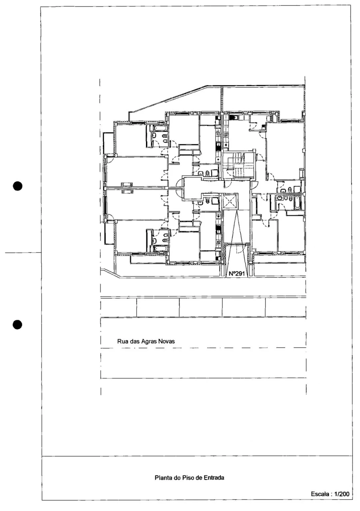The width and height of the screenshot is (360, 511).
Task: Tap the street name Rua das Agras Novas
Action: pos(146,342)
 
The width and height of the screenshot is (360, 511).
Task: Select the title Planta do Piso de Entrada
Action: pos(189,478)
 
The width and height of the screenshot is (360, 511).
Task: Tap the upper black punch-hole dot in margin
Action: pos(17,186)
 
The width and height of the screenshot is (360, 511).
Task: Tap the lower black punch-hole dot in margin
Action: pos(17,324)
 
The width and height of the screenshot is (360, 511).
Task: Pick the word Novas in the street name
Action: pos(168,342)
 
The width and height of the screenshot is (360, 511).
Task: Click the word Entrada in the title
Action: pos(214,478)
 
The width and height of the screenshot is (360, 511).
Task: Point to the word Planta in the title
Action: pos(162,478)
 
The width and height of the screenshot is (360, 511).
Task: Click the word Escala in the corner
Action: pos(320,495)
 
